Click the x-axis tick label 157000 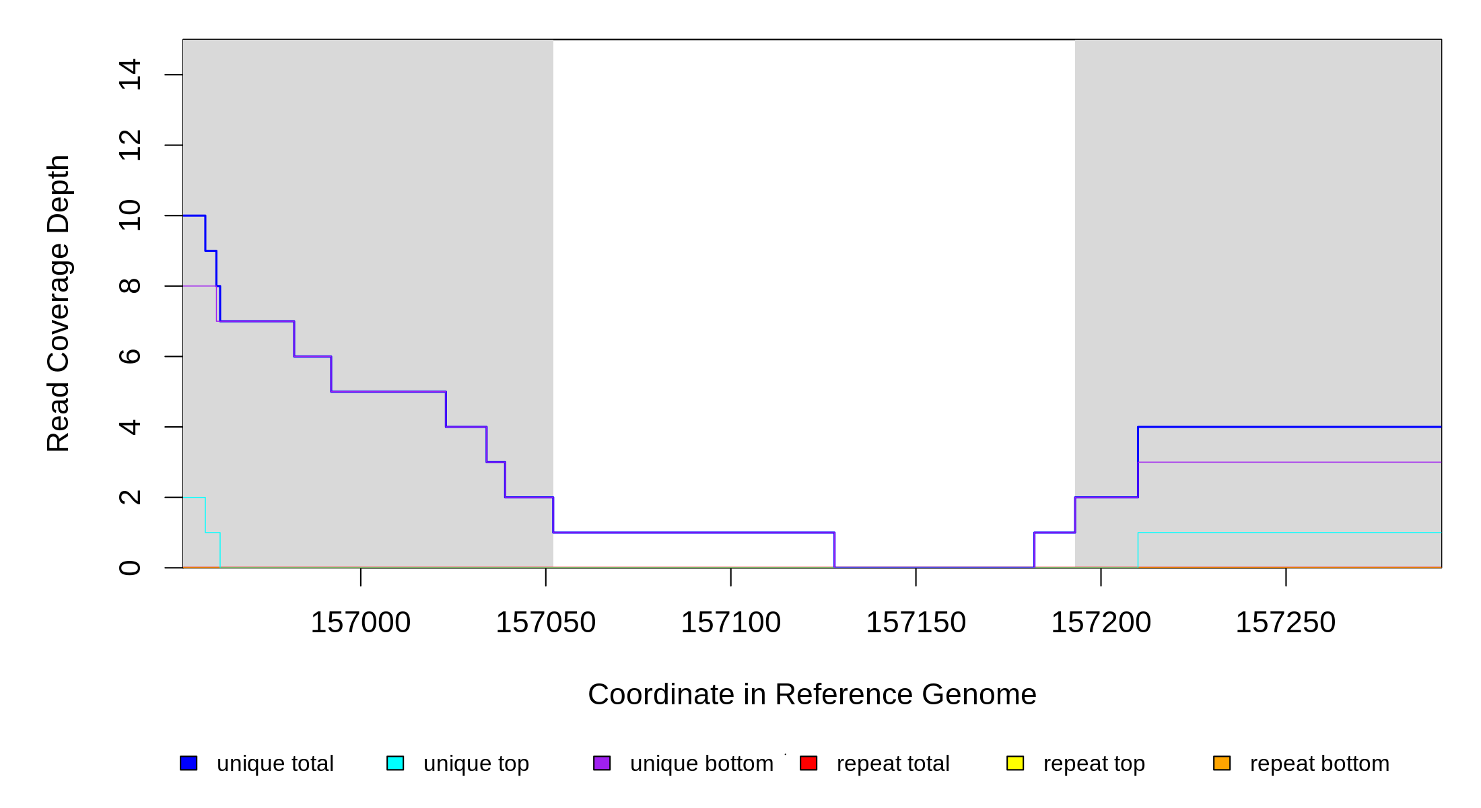tap(360, 623)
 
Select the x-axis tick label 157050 tap(545, 623)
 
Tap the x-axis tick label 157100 tap(730, 623)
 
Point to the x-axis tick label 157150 tap(916, 623)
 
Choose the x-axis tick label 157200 tap(1101, 623)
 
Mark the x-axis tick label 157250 tap(1285, 623)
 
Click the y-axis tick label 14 tap(130, 75)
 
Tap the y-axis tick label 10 tap(130, 215)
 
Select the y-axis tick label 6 tap(130, 356)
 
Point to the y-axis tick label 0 tap(130, 568)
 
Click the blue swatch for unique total tap(188, 763)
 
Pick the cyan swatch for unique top tap(395, 763)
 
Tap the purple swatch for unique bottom tap(602, 763)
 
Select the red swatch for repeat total tap(808, 763)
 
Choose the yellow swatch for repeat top tap(1015, 763)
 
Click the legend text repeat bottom tap(1319, 764)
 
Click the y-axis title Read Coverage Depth tap(59, 303)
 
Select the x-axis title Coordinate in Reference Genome tap(812, 694)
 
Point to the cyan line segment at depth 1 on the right tap(1290, 533)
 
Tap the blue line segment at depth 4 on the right tap(1290, 427)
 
